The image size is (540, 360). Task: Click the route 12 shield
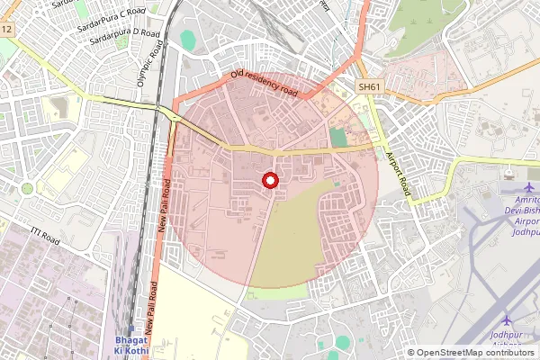pyautogui.click(x=6, y=30)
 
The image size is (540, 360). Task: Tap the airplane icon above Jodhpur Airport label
pyautogui.click(x=506, y=321)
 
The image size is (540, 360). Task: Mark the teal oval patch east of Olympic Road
pyautogui.click(x=187, y=40)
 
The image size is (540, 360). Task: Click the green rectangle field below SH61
pyautogui.click(x=337, y=138)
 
